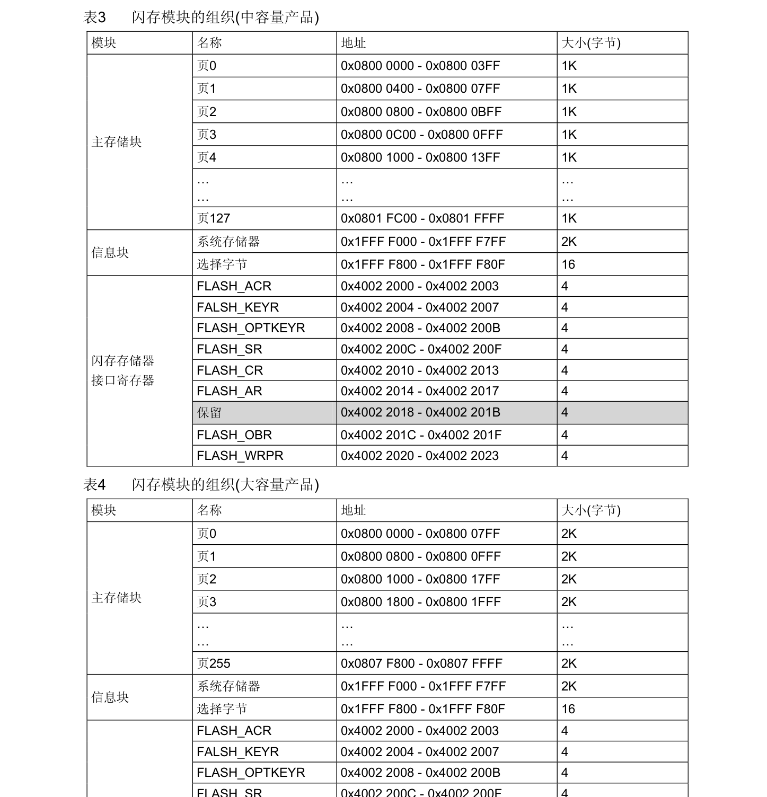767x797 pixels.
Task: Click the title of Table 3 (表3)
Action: point(201,17)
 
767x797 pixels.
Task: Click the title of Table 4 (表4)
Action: point(201,484)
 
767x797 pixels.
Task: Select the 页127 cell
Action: point(213,218)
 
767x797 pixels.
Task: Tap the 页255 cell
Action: point(213,663)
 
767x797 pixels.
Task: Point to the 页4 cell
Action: point(206,157)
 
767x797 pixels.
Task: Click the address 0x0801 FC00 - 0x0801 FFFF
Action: point(422,218)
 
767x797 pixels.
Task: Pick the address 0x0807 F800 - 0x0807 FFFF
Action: point(421,663)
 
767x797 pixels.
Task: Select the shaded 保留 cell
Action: point(209,412)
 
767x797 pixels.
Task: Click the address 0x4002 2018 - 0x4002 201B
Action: point(420,412)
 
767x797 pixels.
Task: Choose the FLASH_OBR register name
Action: point(234,435)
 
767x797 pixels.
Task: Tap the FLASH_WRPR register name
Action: point(240,456)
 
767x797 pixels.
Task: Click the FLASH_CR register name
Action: point(230,370)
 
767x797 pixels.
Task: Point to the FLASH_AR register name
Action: point(229,391)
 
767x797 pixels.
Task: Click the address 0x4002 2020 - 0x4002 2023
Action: point(419,456)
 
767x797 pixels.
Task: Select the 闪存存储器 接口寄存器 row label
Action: point(122,370)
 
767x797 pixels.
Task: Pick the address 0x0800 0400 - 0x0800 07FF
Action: point(420,88)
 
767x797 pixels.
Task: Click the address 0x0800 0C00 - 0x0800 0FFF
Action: point(421,135)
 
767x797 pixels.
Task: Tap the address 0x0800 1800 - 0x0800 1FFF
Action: point(420,602)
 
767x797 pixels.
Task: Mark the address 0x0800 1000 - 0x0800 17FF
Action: point(420,579)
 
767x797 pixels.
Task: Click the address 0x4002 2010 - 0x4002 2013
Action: point(419,370)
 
